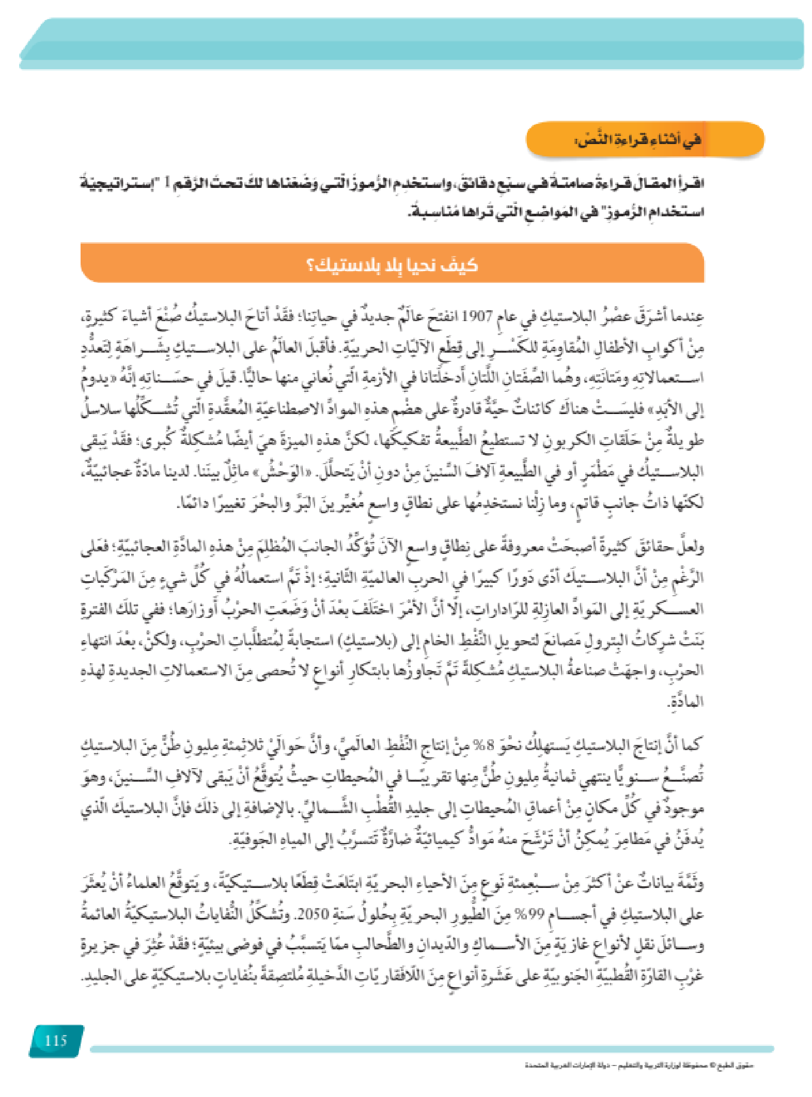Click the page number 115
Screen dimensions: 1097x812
[56, 1040]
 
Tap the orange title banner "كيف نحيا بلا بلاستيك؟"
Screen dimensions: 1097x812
[393, 264]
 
